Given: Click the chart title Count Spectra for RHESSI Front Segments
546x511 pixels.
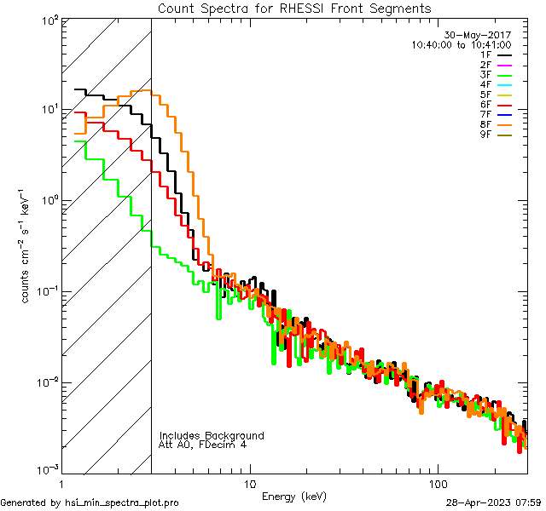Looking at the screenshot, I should click(x=294, y=9).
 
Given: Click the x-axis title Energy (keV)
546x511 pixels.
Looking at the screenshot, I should click(x=294, y=497).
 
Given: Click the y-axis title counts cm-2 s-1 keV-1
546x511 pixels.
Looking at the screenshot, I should click(x=26, y=247).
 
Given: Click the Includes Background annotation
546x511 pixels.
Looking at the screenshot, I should click(x=212, y=436).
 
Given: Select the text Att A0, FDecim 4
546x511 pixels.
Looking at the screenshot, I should click(x=203, y=445).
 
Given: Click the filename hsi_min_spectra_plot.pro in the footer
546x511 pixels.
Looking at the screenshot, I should click(x=121, y=503).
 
